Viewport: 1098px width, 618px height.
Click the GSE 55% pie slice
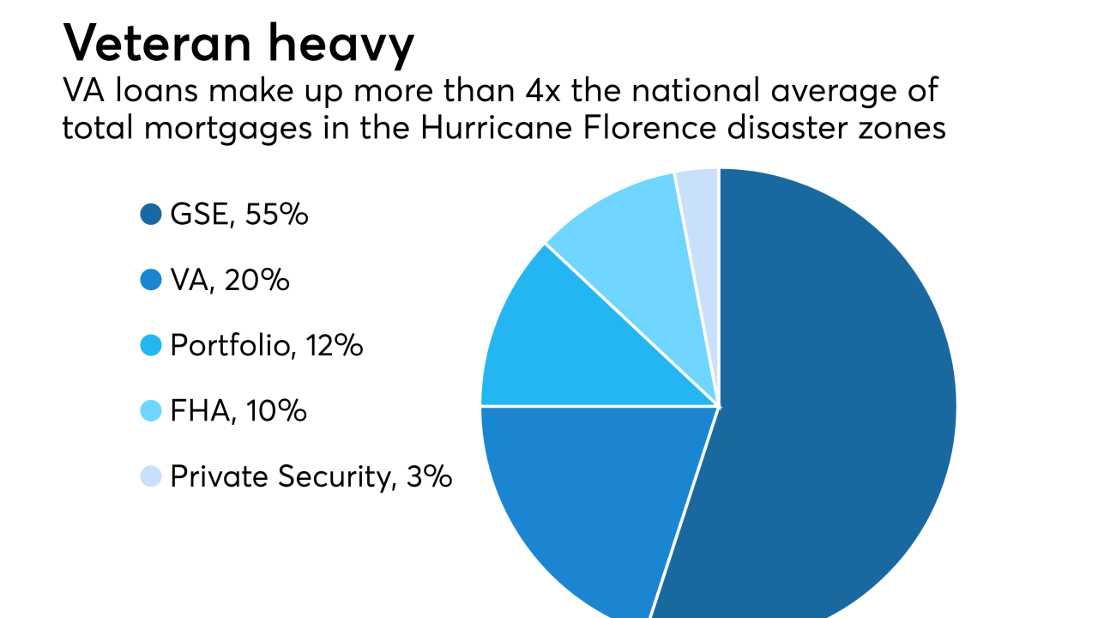(x=841, y=403)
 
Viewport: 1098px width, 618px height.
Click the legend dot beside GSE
(x=151, y=215)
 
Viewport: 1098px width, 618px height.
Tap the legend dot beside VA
(x=151, y=281)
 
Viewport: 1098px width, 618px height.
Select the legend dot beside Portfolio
(x=151, y=346)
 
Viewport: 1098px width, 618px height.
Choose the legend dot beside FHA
(x=151, y=411)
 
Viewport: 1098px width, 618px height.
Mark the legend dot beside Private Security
(x=151, y=476)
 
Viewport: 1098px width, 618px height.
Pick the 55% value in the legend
(x=275, y=215)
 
